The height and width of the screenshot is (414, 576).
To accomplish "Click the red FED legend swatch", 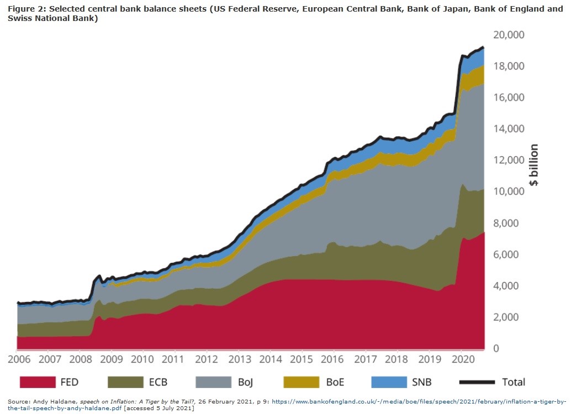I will [x=38, y=381].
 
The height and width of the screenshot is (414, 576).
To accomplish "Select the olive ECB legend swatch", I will [x=127, y=381].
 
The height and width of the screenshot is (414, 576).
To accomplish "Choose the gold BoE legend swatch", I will [x=301, y=381].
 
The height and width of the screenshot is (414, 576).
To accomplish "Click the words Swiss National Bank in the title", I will [x=52, y=19].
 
